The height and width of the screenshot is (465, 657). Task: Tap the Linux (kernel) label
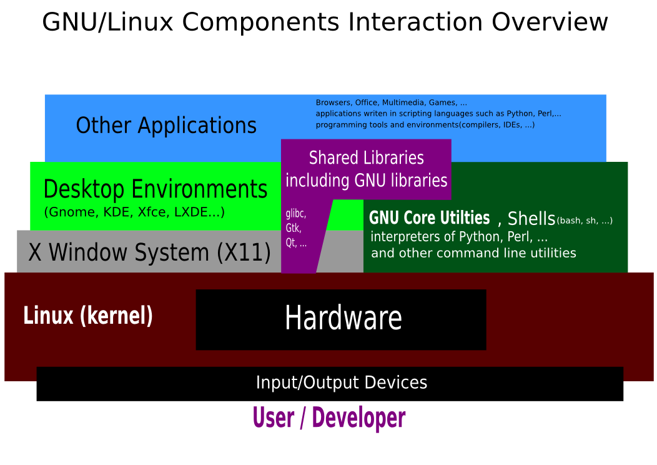pos(88,316)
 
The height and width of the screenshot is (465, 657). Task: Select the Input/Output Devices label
pos(342,382)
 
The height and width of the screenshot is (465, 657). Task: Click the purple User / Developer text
pos(329,418)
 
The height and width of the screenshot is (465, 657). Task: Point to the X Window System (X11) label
pos(150,252)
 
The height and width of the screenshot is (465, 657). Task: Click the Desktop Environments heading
pos(156,189)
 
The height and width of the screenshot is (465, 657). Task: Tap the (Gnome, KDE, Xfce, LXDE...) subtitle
pos(134,212)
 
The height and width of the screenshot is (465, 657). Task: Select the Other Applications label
pos(166,126)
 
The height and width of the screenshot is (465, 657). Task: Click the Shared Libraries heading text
pos(367,157)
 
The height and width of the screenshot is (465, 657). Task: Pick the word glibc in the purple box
pos(295,214)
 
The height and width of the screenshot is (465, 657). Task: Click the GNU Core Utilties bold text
pos(429,218)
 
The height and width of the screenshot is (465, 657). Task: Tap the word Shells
pos(531,219)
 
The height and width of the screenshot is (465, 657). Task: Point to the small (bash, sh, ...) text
pos(585,221)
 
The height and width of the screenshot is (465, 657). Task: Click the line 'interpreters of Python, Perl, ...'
pos(459,237)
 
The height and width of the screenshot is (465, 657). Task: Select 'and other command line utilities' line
pos(473,253)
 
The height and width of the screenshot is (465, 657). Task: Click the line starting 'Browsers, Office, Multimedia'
pos(391,102)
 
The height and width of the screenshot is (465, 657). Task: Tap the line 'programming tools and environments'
pos(425,125)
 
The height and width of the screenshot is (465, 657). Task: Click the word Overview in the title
pos(550,22)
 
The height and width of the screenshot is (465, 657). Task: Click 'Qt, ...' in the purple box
pos(296,243)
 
